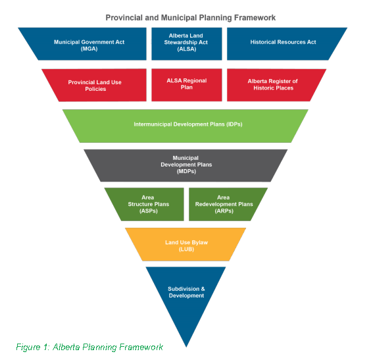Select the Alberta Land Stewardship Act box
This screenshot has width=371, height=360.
[x=187, y=44]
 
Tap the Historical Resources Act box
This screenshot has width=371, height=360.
[x=284, y=44]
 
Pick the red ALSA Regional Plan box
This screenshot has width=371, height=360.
[x=187, y=85]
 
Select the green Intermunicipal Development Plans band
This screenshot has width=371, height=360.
[x=185, y=126]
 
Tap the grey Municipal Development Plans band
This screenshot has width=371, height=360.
[x=185, y=165]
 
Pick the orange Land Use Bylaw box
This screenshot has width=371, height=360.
[x=185, y=244]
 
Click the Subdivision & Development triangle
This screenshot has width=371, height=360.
[x=186, y=294]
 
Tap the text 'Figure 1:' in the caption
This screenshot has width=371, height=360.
[x=32, y=347]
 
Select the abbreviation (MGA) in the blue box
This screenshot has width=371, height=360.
[x=89, y=49]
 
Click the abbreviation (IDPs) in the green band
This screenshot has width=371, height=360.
[x=234, y=124]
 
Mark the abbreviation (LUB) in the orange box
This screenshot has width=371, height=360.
[x=186, y=249]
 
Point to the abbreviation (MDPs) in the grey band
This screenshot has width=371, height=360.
[x=186, y=171]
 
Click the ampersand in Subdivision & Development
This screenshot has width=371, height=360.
[x=203, y=289]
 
